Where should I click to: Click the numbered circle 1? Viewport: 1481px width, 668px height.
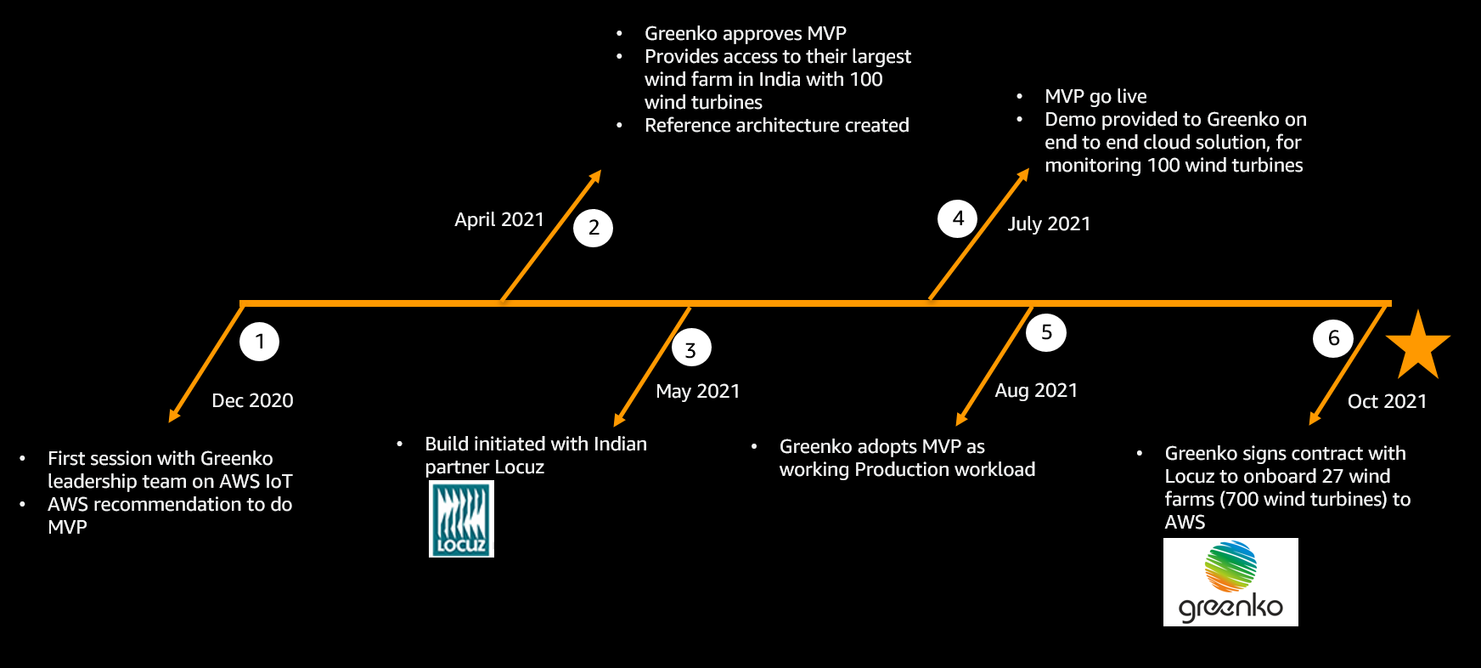click(260, 342)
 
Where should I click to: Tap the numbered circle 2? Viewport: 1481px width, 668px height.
click(593, 228)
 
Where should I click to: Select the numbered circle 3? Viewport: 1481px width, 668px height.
click(690, 349)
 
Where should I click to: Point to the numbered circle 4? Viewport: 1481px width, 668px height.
click(958, 218)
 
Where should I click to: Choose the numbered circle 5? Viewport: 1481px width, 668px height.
click(1046, 332)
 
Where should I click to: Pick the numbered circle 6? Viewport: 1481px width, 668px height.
click(1333, 338)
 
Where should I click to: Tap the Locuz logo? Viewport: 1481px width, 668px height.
click(461, 518)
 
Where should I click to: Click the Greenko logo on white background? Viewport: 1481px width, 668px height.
click(1230, 582)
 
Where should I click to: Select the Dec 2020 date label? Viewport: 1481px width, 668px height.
click(252, 400)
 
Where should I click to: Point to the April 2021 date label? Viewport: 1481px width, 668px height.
click(499, 219)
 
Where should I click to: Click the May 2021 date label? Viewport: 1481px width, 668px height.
click(698, 391)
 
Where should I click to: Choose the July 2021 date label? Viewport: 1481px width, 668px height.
click(1049, 224)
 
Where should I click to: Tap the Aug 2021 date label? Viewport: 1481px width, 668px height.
click(1036, 390)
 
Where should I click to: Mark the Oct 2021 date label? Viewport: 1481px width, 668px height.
click(1387, 401)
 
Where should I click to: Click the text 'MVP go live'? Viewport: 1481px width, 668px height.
click(1095, 96)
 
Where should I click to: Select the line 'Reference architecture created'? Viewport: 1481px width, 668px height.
click(776, 126)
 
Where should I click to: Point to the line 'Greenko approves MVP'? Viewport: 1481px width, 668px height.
click(745, 33)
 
